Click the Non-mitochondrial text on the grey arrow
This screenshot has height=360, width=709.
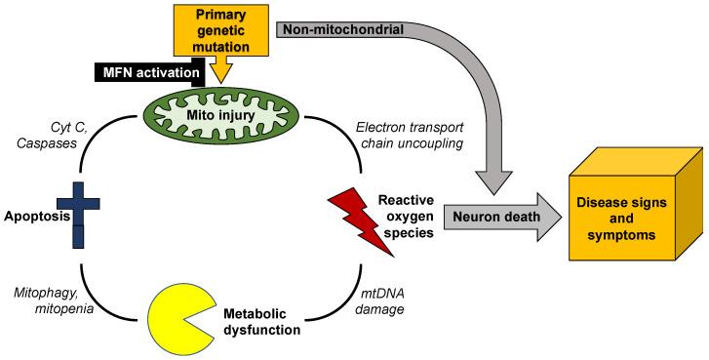[343, 29]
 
